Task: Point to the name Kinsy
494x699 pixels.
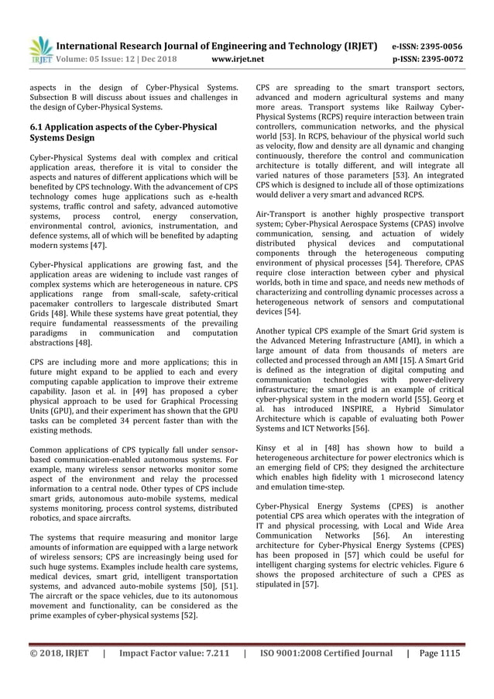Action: click(x=268, y=447)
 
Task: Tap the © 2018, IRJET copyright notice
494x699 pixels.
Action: click(x=58, y=653)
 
